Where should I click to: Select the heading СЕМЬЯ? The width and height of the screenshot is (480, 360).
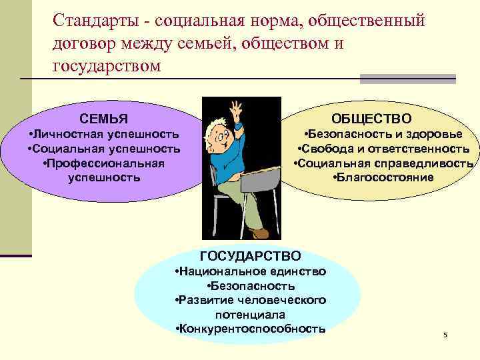pyautogui.click(x=103, y=119)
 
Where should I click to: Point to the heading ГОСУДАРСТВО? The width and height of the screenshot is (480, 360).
pyautogui.click(x=250, y=256)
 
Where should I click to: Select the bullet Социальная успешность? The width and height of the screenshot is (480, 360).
pyautogui.click(x=104, y=149)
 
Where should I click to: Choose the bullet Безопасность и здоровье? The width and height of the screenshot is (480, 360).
pyautogui.click(x=383, y=134)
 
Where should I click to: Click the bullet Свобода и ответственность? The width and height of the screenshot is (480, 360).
pyautogui.click(x=383, y=149)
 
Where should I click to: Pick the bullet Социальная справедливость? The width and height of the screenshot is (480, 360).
pyautogui.click(x=384, y=163)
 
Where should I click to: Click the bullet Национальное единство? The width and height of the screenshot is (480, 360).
pyautogui.click(x=249, y=271)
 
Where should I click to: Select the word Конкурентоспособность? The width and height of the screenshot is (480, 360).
pyautogui.click(x=249, y=328)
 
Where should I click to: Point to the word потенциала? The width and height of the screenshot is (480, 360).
pyautogui.click(x=250, y=314)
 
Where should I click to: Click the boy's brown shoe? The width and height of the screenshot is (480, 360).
pyautogui.click(x=260, y=233)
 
